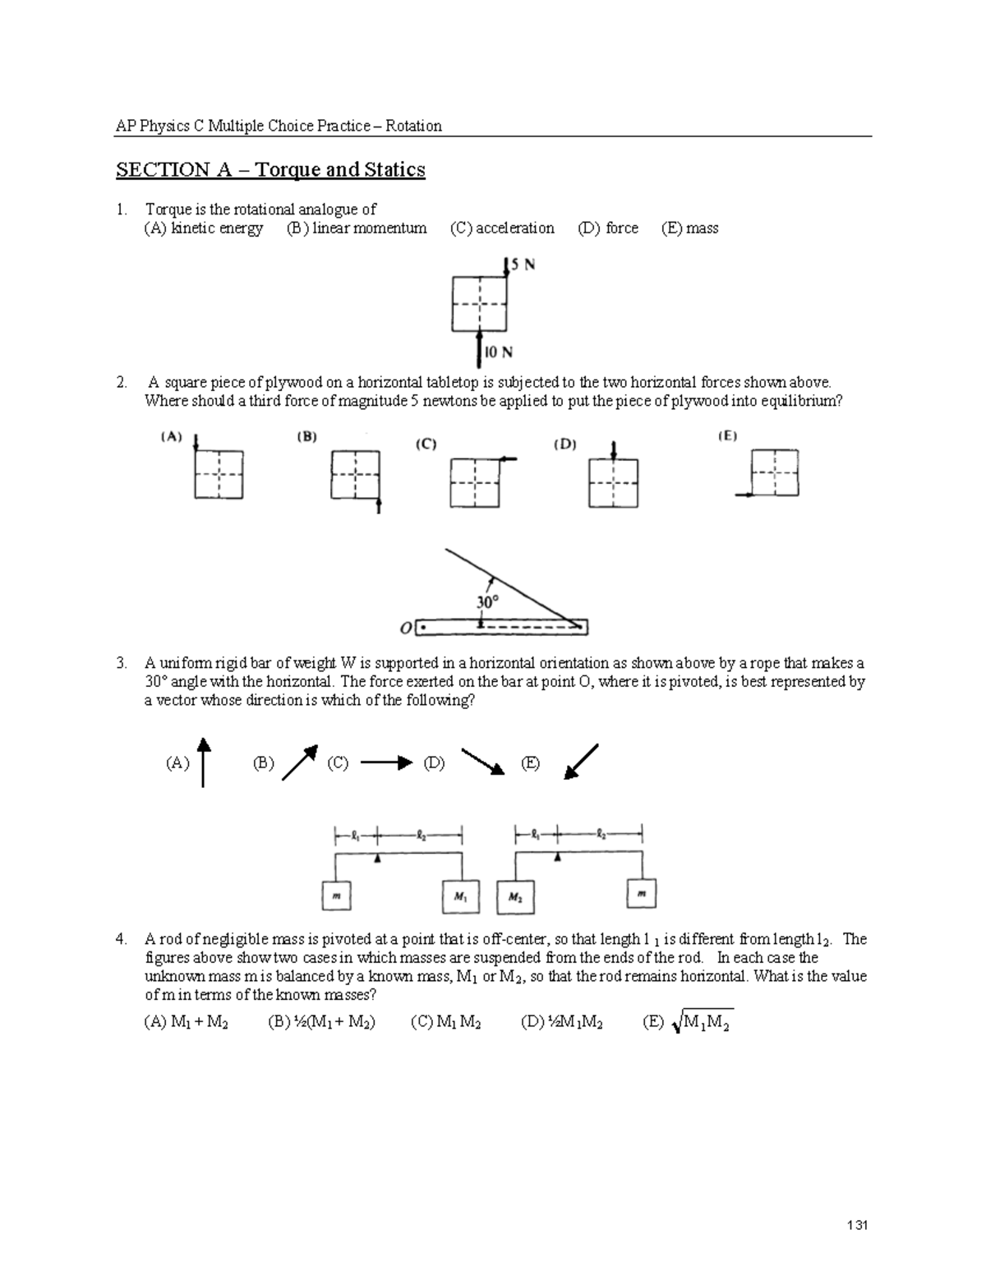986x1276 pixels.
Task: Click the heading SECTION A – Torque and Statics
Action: point(270,170)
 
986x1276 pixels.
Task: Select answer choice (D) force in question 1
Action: point(608,228)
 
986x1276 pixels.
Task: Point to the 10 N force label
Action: point(498,352)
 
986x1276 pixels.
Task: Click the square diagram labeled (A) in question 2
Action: point(218,474)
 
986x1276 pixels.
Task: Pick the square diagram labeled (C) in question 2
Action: point(475,483)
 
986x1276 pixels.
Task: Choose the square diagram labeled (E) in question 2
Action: point(775,472)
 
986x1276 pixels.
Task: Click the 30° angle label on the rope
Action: point(487,602)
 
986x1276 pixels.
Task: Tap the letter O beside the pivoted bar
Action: point(405,629)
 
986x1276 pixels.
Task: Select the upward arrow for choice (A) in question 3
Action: point(203,762)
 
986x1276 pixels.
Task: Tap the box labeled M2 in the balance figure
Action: point(515,897)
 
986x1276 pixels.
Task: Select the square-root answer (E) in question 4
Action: point(689,1023)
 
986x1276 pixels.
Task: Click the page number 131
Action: point(857,1226)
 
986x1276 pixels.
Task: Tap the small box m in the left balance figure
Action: point(335,896)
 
